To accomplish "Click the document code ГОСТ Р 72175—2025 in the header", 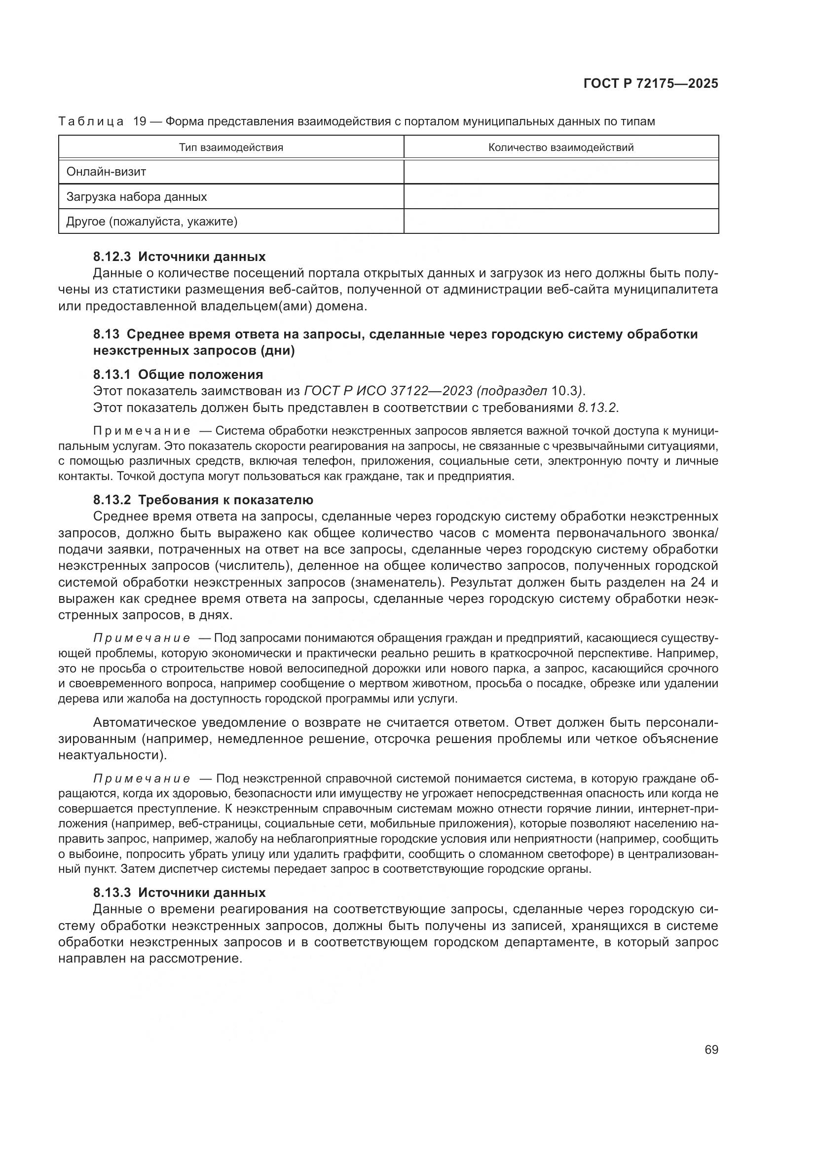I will pyautogui.click(x=651, y=84).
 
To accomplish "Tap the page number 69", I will pyautogui.click(x=711, y=1049).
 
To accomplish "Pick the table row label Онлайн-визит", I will pyautogui.click(x=106, y=171).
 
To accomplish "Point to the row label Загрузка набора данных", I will pyautogui.click(x=136, y=196).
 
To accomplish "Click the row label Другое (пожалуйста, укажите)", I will pyautogui.click(x=151, y=221).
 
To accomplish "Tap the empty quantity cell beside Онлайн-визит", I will pyautogui.click(x=561, y=171).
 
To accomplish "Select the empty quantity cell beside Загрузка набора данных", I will pyautogui.click(x=561, y=196).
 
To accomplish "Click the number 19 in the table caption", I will pyautogui.click(x=139, y=122).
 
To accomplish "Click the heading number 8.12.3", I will pyautogui.click(x=111, y=257).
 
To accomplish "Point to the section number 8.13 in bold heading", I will pyautogui.click(x=106, y=334).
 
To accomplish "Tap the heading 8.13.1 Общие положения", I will pyautogui.click(x=178, y=374).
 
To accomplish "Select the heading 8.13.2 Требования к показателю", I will pyautogui.click(x=203, y=500).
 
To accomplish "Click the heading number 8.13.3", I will pyautogui.click(x=111, y=893).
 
